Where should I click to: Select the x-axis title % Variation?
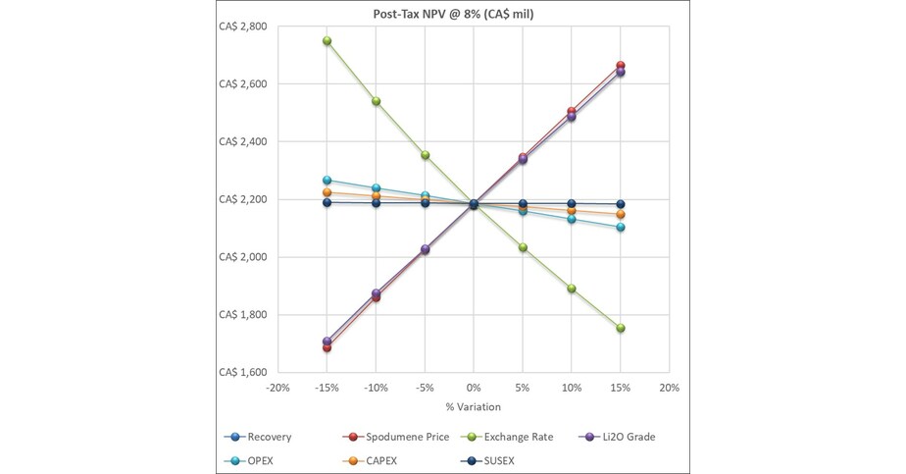click(474, 406)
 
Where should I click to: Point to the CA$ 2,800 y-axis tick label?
click(240, 26)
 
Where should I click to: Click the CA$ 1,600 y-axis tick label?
click(240, 373)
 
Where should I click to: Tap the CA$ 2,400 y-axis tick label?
click(240, 142)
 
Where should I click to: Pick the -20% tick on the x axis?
click(278, 388)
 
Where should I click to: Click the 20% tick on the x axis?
click(669, 388)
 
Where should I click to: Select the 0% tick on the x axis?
click(474, 388)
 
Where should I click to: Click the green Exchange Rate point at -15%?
click(327, 41)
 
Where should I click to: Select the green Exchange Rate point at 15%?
click(621, 328)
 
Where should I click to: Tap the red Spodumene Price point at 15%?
click(621, 66)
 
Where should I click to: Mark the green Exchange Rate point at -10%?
click(377, 101)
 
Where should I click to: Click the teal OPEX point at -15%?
click(327, 181)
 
